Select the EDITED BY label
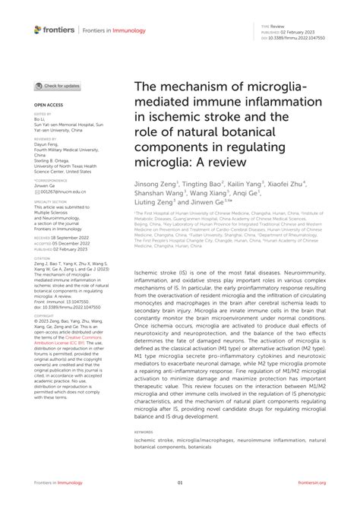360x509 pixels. (x=43, y=113)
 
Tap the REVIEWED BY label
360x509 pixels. (x=46, y=140)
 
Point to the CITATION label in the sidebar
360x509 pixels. (x=42, y=258)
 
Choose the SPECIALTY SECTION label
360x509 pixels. (x=51, y=202)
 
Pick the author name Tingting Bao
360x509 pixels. (x=204, y=183)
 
